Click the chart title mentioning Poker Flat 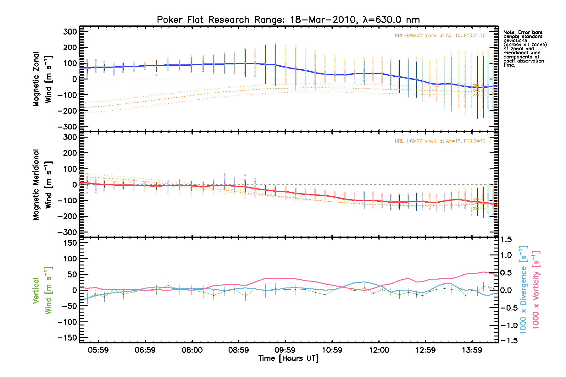pos(288,20)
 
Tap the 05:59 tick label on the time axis pos(98,350)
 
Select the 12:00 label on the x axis pos(379,350)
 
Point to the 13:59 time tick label pos(472,350)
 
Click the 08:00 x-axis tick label pos(192,350)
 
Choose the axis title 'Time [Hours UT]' pos(288,358)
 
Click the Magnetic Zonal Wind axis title pos(42,79)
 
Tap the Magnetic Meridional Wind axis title pos(42,184)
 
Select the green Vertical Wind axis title pos(42,290)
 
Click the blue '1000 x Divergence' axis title pos(523,290)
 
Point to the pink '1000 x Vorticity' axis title pos(536,290)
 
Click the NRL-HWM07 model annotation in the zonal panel pos(440,36)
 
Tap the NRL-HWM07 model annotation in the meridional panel pos(440,141)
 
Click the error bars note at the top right pos(524,48)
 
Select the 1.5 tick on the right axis pos(506,240)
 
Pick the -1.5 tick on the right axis pos(508,341)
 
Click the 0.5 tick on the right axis pos(506,273)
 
